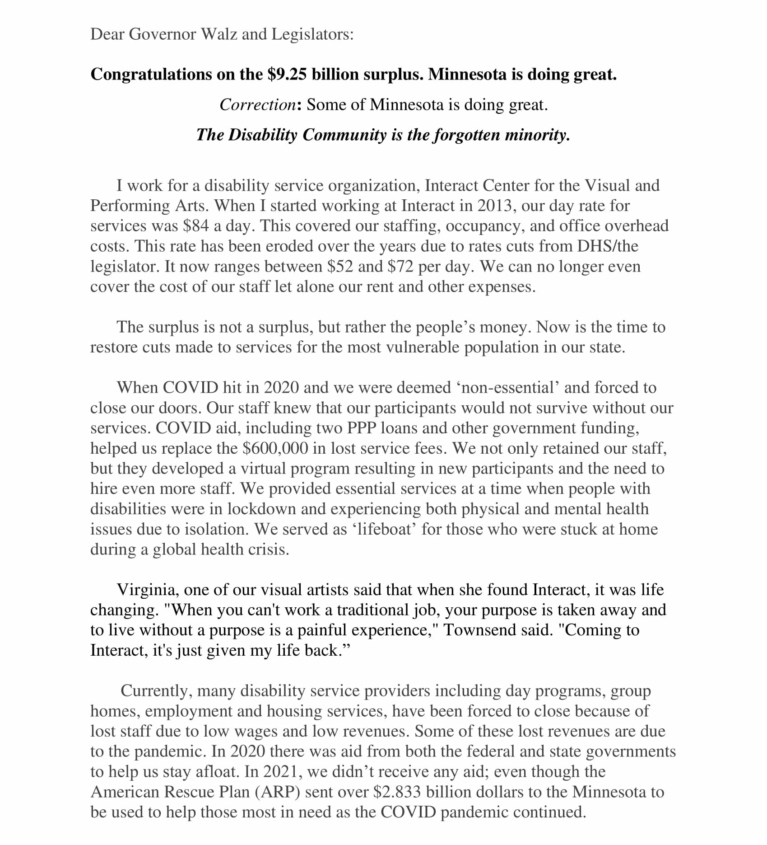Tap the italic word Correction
[257, 105]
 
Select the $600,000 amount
[275, 448]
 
